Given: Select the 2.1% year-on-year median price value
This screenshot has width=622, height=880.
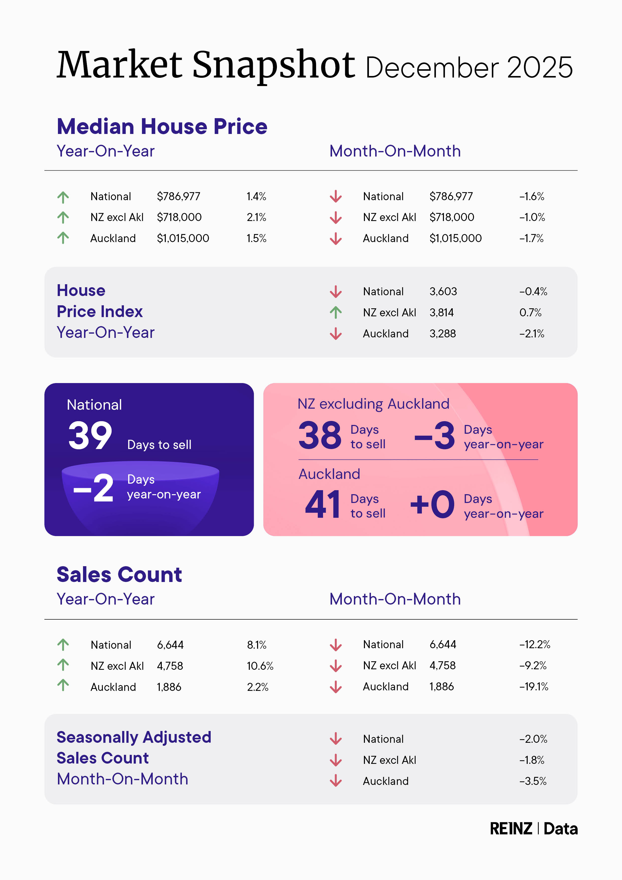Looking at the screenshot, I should tap(256, 217).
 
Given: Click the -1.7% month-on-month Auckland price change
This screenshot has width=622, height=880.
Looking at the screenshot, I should tap(531, 238).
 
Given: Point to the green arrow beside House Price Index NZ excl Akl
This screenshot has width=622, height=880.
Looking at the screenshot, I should tap(336, 312).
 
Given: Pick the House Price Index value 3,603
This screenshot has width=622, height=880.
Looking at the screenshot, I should tap(443, 292).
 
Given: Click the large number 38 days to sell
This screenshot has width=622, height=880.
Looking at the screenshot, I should tap(320, 436).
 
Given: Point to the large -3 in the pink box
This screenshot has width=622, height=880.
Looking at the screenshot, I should tap(435, 436).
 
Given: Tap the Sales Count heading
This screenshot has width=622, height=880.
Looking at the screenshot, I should tap(119, 574).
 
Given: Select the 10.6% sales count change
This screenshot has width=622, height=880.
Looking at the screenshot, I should tap(260, 666).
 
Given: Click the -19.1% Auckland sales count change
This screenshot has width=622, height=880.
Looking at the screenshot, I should tap(533, 686).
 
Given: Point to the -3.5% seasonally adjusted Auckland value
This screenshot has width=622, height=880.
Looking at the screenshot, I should tap(533, 781).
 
